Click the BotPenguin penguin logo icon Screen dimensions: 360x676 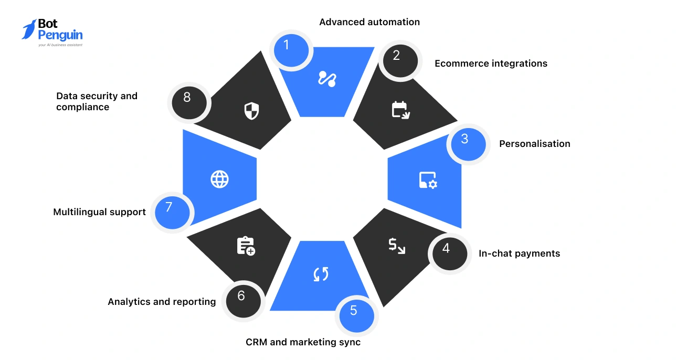click(x=29, y=29)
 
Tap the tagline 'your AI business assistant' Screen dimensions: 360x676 click(x=60, y=45)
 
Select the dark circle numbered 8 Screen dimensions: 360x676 click(x=189, y=102)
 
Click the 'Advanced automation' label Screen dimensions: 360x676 click(x=369, y=22)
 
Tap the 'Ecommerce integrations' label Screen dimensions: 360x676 click(x=491, y=63)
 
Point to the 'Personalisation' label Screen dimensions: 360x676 click(x=534, y=144)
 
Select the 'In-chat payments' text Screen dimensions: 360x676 click(x=519, y=253)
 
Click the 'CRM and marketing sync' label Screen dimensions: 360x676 click(x=303, y=342)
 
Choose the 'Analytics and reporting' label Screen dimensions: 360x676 click(x=162, y=301)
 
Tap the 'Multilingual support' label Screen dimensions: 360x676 click(x=99, y=212)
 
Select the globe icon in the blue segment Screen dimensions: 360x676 click(x=219, y=179)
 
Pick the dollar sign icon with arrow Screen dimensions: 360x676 click(x=396, y=246)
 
